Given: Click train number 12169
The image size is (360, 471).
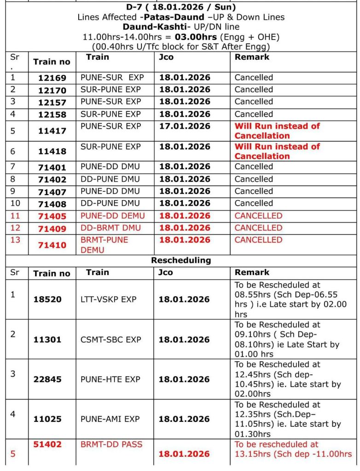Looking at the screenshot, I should tap(52, 78).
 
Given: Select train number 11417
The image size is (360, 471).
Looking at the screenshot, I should tap(52, 131).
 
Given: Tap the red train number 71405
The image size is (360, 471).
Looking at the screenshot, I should tap(52, 216).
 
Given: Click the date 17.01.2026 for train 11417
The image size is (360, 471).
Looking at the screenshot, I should tap(185, 126).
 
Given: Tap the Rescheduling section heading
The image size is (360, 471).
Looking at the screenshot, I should tap(181, 260).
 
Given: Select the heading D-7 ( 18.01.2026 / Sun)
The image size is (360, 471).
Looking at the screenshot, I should tap(180, 7).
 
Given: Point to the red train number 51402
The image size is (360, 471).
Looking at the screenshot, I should tap(47, 444).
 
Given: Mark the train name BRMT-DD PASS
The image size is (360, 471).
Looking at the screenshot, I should tap(111, 444).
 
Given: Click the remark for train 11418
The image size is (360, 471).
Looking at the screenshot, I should tap(277, 151).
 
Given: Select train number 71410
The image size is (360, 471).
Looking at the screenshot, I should tap(52, 246).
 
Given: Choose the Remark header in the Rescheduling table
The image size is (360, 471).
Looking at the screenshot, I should tap(252, 272).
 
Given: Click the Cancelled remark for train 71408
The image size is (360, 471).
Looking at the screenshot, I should tap(254, 203).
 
